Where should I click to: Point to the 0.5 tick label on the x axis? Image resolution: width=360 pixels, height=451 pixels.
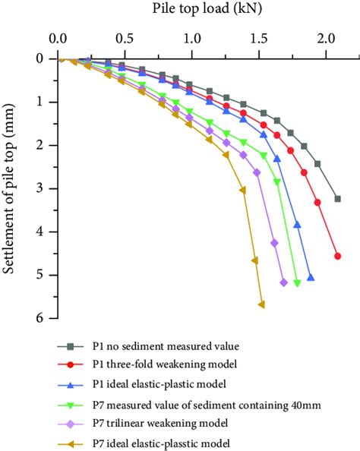click(x=124, y=37)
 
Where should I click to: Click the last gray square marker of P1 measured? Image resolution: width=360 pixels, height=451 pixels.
click(x=337, y=199)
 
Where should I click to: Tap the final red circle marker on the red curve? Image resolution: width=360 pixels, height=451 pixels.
click(x=337, y=257)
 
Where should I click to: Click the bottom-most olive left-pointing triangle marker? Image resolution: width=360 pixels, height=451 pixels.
click(x=261, y=304)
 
